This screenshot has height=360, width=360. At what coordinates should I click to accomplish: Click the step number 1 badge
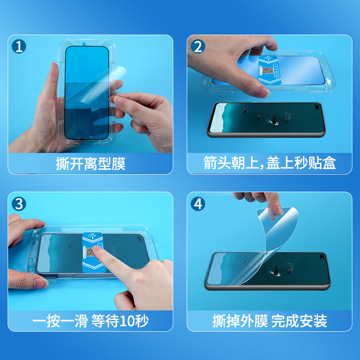coord(19,46)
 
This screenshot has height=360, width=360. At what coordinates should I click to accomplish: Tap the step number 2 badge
coord(198,46)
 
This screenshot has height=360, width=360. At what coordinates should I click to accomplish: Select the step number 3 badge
coord(19,204)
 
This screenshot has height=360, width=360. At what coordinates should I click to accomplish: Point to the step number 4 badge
coord(198,204)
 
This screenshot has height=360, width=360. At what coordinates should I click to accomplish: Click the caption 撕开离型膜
coord(90,164)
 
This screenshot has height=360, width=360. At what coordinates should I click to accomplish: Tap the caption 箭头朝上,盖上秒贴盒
coord(270,163)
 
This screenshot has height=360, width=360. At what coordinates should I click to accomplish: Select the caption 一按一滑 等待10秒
coord(90,321)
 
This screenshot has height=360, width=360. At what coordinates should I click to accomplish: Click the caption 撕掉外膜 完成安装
coord(270,321)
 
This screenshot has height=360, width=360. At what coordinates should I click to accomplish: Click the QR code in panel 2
coord(268,71)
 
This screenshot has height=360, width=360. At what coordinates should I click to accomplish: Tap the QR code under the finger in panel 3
coord(90,252)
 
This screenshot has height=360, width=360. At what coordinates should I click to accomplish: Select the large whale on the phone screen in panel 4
coord(274,271)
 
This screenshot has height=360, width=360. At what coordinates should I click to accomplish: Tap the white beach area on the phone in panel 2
coord(217,118)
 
